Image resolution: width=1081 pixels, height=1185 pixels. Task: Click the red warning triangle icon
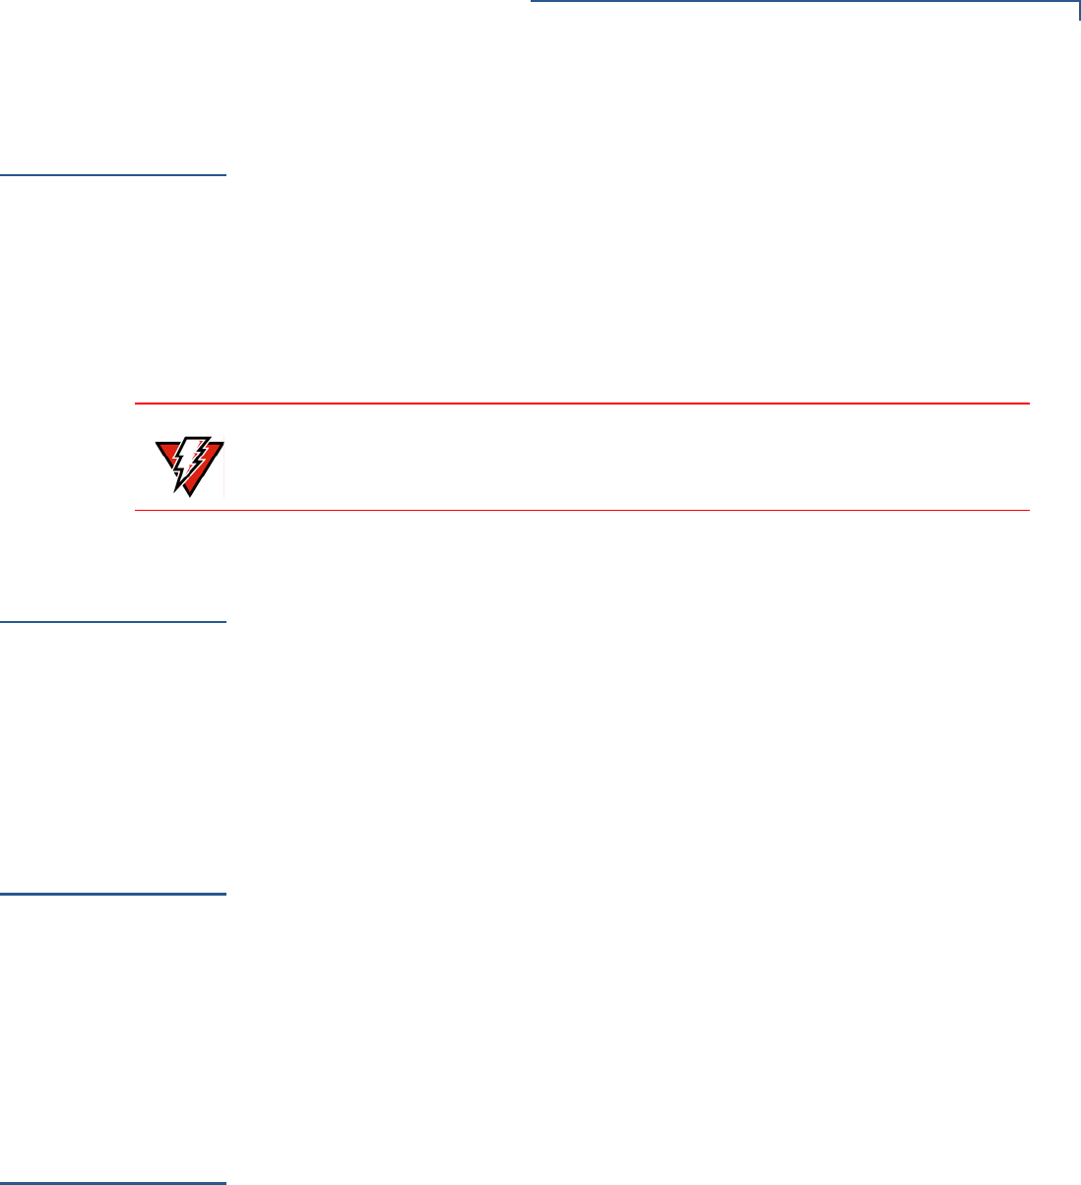[189, 465]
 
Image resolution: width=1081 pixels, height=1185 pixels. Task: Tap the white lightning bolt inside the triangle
[191, 459]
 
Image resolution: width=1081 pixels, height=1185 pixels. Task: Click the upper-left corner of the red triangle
[158, 442]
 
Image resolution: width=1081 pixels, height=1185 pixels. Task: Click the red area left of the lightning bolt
[168, 454]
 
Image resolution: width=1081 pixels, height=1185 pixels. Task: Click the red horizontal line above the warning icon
[581, 404]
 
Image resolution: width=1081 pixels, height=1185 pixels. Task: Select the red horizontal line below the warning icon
[581, 510]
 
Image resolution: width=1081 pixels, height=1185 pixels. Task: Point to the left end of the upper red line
[136, 404]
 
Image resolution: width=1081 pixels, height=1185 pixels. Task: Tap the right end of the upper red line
[1028, 404]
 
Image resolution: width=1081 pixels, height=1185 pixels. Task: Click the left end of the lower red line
[136, 510]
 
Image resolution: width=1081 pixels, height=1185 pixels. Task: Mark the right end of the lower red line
[1028, 510]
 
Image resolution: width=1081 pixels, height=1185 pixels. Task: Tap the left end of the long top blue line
[533, 3]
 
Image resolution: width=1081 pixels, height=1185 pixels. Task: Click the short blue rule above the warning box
[113, 175]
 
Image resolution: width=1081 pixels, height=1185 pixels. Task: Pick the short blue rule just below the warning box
[113, 622]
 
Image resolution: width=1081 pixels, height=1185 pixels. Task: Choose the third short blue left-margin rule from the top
[113, 895]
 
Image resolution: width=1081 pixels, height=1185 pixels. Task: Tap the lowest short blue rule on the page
[113, 1182]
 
